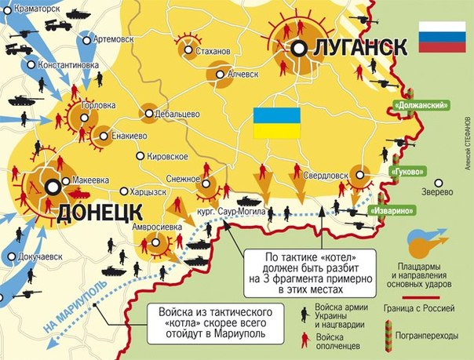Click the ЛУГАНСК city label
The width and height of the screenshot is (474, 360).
pyautogui.click(x=359, y=48)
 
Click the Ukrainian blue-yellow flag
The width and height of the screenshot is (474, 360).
pyautogui.click(x=276, y=124)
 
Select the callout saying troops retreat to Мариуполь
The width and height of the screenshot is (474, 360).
pyautogui.click(x=212, y=322)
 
